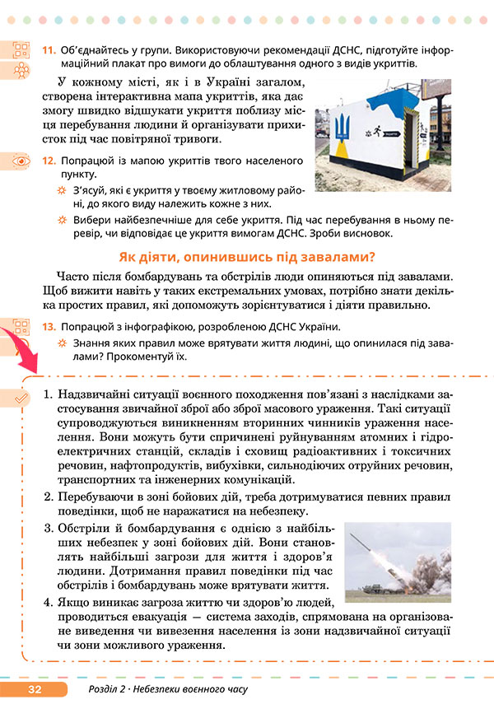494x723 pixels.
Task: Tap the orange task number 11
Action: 49,50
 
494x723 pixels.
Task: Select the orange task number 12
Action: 49,161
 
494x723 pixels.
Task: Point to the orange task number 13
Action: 49,327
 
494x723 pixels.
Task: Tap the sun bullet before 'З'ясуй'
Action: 61,191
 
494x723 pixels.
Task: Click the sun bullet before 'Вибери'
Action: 61,221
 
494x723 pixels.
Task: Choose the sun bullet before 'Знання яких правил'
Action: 61,343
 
